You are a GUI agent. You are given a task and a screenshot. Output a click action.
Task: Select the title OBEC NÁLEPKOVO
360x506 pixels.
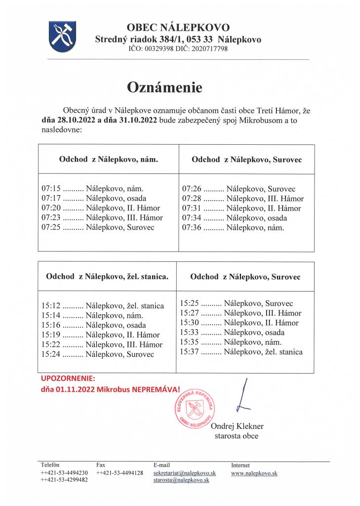tap(178, 28)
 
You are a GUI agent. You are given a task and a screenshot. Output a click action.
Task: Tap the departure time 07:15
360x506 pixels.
tap(51, 188)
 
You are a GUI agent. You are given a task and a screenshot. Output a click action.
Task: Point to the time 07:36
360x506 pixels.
tap(191, 228)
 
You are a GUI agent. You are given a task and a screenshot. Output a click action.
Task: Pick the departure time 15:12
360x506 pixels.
tap(51, 306)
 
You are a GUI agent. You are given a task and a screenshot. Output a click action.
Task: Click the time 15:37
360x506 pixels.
tap(189, 352)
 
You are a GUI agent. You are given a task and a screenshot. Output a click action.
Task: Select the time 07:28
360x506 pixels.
tap(191, 199)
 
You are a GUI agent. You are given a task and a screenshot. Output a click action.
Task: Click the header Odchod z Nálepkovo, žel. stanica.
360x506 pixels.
tap(107, 277)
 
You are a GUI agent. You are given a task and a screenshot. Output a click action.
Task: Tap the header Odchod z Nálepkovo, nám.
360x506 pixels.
tap(109, 160)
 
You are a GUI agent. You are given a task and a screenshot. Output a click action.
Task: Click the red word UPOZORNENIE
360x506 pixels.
tap(67, 379)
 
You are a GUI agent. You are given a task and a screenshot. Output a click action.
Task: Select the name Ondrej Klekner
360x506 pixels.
tap(237, 426)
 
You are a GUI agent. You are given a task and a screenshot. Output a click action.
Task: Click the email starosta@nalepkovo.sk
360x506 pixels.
tap(181, 480)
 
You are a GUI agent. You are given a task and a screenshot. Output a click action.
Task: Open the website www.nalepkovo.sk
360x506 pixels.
tap(254, 473)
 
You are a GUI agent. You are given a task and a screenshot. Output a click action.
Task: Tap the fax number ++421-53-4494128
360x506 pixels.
tap(120, 473)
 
